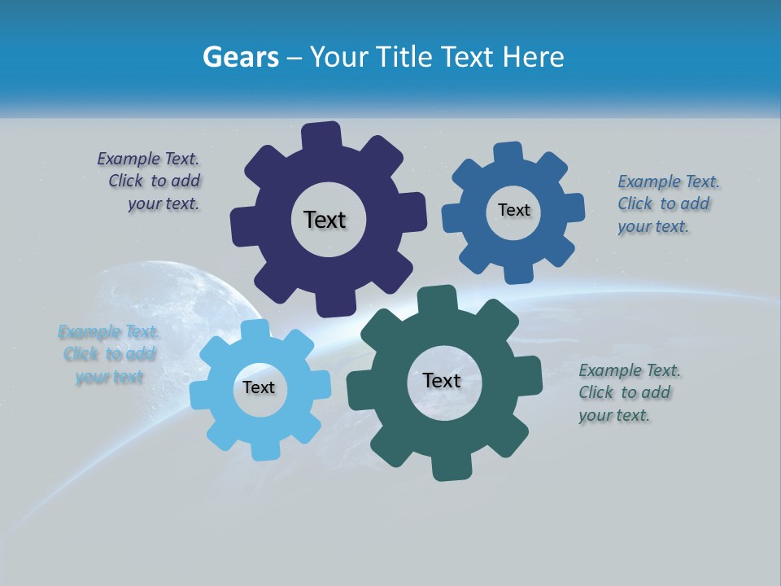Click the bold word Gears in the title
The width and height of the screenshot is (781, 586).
pos(240,57)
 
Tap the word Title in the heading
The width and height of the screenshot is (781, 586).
pos(403,57)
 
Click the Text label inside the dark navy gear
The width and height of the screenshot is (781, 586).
pos(325,220)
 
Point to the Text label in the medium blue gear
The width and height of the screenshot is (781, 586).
pos(513,210)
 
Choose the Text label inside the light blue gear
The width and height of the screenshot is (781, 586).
pos(259,388)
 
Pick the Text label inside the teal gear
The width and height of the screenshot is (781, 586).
pos(442,381)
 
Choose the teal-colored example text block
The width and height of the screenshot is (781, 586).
pos(628,392)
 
